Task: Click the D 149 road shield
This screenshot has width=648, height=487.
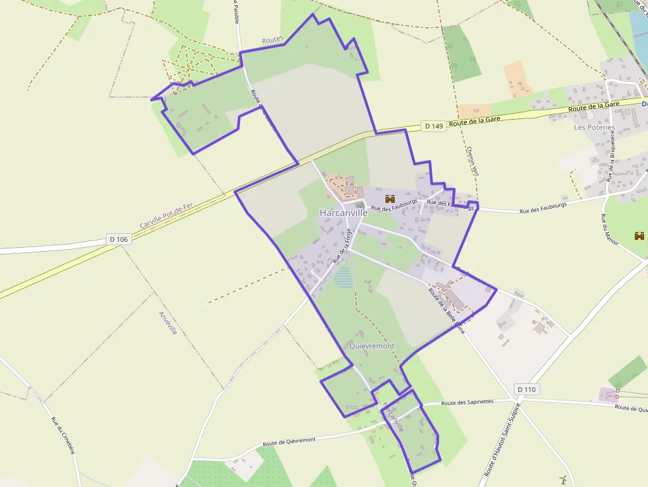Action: click(x=434, y=126)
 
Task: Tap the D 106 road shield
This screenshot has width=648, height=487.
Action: click(x=119, y=239)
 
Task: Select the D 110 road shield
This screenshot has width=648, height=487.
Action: click(x=526, y=389)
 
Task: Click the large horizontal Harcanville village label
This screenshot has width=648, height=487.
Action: click(x=343, y=213)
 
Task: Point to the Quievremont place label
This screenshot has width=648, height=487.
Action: click(x=372, y=346)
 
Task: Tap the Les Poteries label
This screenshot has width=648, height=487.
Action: click(x=594, y=128)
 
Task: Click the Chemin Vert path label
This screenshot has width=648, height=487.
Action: click(x=471, y=161)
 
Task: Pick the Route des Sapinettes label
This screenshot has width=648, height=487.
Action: click(x=467, y=402)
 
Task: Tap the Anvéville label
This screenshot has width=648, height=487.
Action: click(x=168, y=322)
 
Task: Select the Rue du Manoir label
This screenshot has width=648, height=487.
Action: click(x=609, y=230)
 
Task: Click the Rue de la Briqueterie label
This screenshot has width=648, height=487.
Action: click(x=612, y=155)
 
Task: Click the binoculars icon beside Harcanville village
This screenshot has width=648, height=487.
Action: click(x=389, y=198)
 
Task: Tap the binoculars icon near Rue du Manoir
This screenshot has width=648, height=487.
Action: click(x=639, y=235)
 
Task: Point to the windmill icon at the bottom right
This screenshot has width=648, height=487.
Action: click(x=563, y=480)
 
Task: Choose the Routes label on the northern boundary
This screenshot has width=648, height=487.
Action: click(x=272, y=40)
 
